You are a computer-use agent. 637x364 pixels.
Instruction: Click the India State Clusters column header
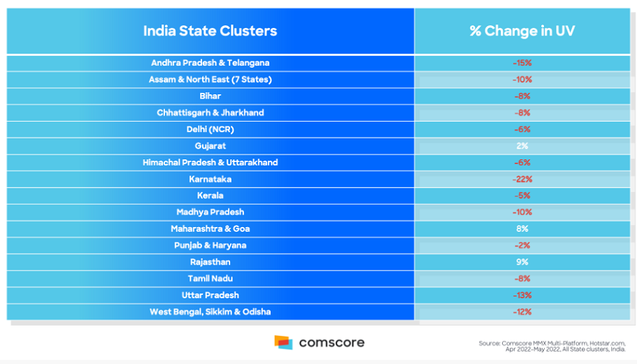click(210, 31)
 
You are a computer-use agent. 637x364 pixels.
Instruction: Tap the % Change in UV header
click(522, 31)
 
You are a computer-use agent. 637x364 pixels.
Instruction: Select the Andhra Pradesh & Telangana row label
click(210, 63)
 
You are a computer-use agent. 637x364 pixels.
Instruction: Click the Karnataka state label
click(210, 179)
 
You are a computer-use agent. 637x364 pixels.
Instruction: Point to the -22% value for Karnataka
click(522, 179)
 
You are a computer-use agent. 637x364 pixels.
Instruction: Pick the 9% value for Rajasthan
click(522, 262)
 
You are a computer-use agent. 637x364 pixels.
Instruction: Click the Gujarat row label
click(210, 146)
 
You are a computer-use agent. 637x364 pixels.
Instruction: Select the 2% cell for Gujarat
click(522, 146)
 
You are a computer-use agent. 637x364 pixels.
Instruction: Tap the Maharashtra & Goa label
click(210, 228)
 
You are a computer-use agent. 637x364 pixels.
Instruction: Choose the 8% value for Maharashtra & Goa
click(522, 228)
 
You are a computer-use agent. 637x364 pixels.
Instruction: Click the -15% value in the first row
click(522, 63)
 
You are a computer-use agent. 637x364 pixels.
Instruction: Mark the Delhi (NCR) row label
click(210, 129)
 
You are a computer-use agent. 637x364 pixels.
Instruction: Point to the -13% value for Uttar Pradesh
click(522, 295)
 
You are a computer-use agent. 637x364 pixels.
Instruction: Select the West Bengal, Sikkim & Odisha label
click(210, 312)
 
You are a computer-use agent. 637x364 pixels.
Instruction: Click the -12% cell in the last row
click(522, 312)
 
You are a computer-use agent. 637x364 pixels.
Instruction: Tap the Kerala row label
click(210, 196)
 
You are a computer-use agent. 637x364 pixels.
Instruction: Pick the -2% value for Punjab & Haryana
click(522, 245)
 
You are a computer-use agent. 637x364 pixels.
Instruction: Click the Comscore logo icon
click(283, 342)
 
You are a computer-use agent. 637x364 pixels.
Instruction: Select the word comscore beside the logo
click(331, 343)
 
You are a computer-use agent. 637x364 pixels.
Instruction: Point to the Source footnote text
click(552, 346)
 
